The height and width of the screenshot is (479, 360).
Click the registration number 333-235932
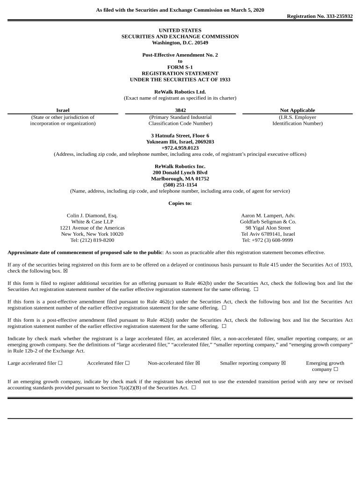pos(336,16)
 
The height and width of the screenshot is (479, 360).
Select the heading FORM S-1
pos(180,67)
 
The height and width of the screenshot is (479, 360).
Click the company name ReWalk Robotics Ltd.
pos(180,92)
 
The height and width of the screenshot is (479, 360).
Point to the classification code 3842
pos(180,110)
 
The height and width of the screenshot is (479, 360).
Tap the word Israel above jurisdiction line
pos(63,110)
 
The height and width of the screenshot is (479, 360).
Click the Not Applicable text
pos(297,110)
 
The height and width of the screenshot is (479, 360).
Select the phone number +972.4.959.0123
pos(180,148)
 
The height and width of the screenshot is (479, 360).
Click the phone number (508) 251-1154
pos(180,185)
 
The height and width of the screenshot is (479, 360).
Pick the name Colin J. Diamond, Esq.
pos(92,216)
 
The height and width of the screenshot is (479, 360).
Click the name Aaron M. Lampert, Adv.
pos(268,216)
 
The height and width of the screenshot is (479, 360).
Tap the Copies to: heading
pos(180,203)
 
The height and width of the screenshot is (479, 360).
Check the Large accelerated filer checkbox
pos(60,363)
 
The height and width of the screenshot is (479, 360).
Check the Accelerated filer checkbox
pos(127,363)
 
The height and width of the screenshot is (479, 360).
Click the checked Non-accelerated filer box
pos(198,363)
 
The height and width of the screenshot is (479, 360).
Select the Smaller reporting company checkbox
pos(283,363)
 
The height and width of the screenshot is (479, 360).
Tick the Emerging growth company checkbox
pos(336,370)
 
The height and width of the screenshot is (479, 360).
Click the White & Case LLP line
pos(92,222)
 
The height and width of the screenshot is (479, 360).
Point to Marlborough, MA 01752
pos(180,179)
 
